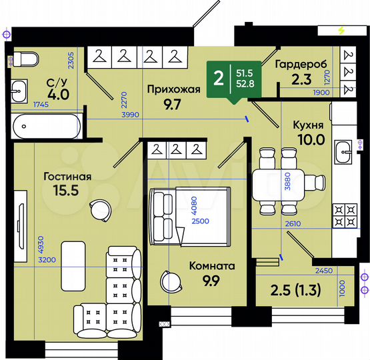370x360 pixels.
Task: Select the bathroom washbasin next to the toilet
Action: (x=21, y=89)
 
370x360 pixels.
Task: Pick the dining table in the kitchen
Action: (x=285, y=180)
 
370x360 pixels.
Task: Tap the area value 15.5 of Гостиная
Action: (x=67, y=191)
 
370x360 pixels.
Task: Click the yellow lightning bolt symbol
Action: (x=342, y=31)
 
